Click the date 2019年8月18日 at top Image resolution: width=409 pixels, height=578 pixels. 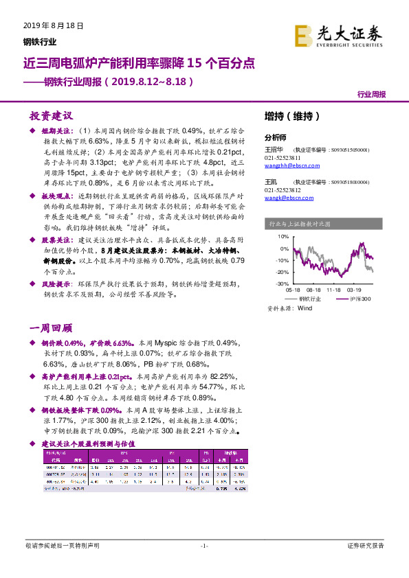48,25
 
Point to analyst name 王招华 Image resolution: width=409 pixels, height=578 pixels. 274,149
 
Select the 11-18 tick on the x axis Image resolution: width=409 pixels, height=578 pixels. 334,291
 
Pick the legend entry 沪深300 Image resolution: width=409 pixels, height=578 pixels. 360,299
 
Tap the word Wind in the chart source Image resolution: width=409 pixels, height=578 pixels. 305,309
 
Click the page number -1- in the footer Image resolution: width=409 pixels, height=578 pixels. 204,546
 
